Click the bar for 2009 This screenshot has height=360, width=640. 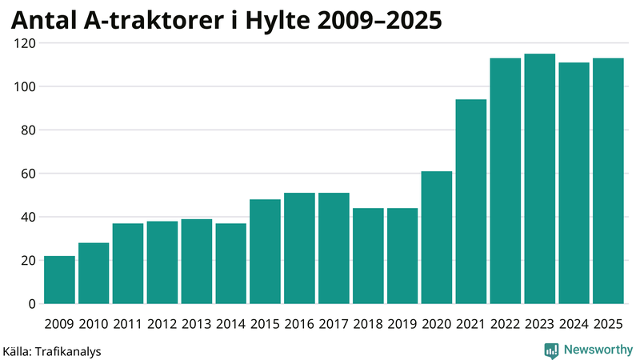[x=59, y=280]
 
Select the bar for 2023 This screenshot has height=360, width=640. [x=539, y=179]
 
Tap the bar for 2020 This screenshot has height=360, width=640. [x=437, y=238]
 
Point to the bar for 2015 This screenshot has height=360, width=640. [x=265, y=251]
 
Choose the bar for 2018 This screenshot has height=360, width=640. [x=368, y=256]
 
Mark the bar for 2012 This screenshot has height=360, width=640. [x=162, y=262]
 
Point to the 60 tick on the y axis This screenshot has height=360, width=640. [x=27, y=174]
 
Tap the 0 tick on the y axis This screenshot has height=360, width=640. [x=32, y=304]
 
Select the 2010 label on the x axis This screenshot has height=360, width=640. [x=94, y=323]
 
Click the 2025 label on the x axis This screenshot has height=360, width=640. [x=608, y=323]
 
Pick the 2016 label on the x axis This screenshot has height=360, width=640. [x=299, y=323]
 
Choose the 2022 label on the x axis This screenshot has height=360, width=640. [x=505, y=323]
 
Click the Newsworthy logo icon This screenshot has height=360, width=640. [x=551, y=350]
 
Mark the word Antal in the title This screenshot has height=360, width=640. [x=42, y=19]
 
